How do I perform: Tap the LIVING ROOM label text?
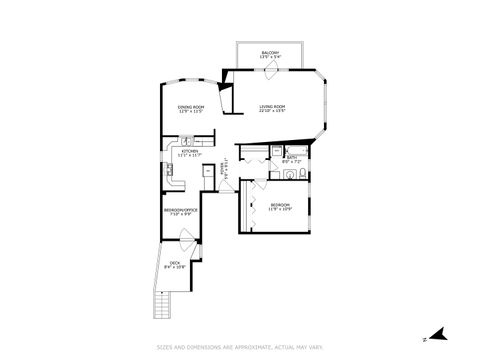tap(272, 107)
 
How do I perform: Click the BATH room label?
tap(292, 158)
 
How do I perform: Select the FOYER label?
tap(224, 172)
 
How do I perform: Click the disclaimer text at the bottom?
tap(239, 347)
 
